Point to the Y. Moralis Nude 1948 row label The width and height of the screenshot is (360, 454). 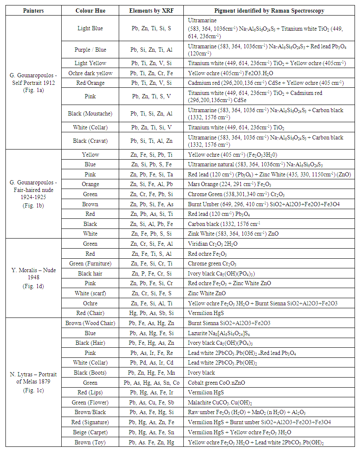point(33,277)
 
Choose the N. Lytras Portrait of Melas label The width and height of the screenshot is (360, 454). point(33,382)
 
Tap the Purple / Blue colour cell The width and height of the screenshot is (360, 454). point(90,50)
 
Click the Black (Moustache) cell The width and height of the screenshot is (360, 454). point(90,113)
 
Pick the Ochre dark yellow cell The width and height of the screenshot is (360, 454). point(90,73)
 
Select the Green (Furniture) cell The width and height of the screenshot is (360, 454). point(90,264)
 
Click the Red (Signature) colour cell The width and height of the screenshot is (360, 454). point(90,422)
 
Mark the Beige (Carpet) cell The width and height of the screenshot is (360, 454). point(90,432)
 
